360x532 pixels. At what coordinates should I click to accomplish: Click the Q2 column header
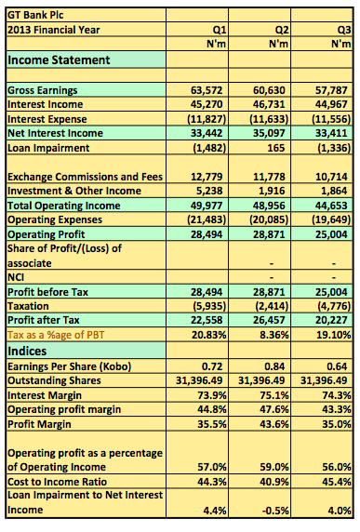click(x=282, y=30)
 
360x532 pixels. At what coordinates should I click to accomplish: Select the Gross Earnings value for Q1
click(x=207, y=90)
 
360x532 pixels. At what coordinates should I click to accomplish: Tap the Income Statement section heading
click(x=59, y=60)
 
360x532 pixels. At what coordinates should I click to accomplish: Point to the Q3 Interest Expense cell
click(x=331, y=119)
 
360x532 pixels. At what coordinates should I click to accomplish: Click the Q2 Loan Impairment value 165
click(x=275, y=148)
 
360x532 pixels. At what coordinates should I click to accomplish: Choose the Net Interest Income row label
click(x=55, y=133)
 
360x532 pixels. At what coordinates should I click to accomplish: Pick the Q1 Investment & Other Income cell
click(x=208, y=191)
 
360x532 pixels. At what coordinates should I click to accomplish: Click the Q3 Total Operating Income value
click(x=331, y=206)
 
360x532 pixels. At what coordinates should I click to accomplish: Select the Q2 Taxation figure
click(x=272, y=306)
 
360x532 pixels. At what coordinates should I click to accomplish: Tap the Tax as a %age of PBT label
click(x=56, y=335)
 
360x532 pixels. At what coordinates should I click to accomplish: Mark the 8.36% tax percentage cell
click(x=273, y=335)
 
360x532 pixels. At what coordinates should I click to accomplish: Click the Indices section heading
click(x=27, y=351)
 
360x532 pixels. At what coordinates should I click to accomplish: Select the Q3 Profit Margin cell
click(x=336, y=424)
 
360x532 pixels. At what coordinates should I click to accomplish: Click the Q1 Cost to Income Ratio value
click(x=212, y=482)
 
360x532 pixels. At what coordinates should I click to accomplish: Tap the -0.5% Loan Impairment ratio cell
click(x=274, y=511)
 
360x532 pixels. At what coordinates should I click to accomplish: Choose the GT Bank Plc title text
click(x=35, y=15)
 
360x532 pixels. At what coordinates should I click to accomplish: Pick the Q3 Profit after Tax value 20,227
click(x=331, y=320)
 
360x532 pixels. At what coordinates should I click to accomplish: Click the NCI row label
click(x=16, y=277)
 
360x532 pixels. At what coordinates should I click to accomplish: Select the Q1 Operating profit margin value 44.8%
click(x=212, y=409)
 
